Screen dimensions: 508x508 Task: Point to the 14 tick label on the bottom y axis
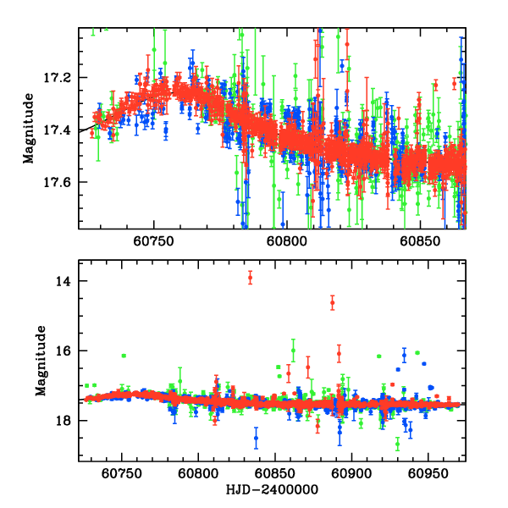(63, 281)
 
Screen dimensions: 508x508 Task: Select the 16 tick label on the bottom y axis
(63, 351)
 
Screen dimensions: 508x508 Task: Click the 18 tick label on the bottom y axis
(63, 421)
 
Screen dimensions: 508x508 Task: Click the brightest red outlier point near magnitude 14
(250, 278)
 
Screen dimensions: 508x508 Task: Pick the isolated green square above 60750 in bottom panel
(124, 356)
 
